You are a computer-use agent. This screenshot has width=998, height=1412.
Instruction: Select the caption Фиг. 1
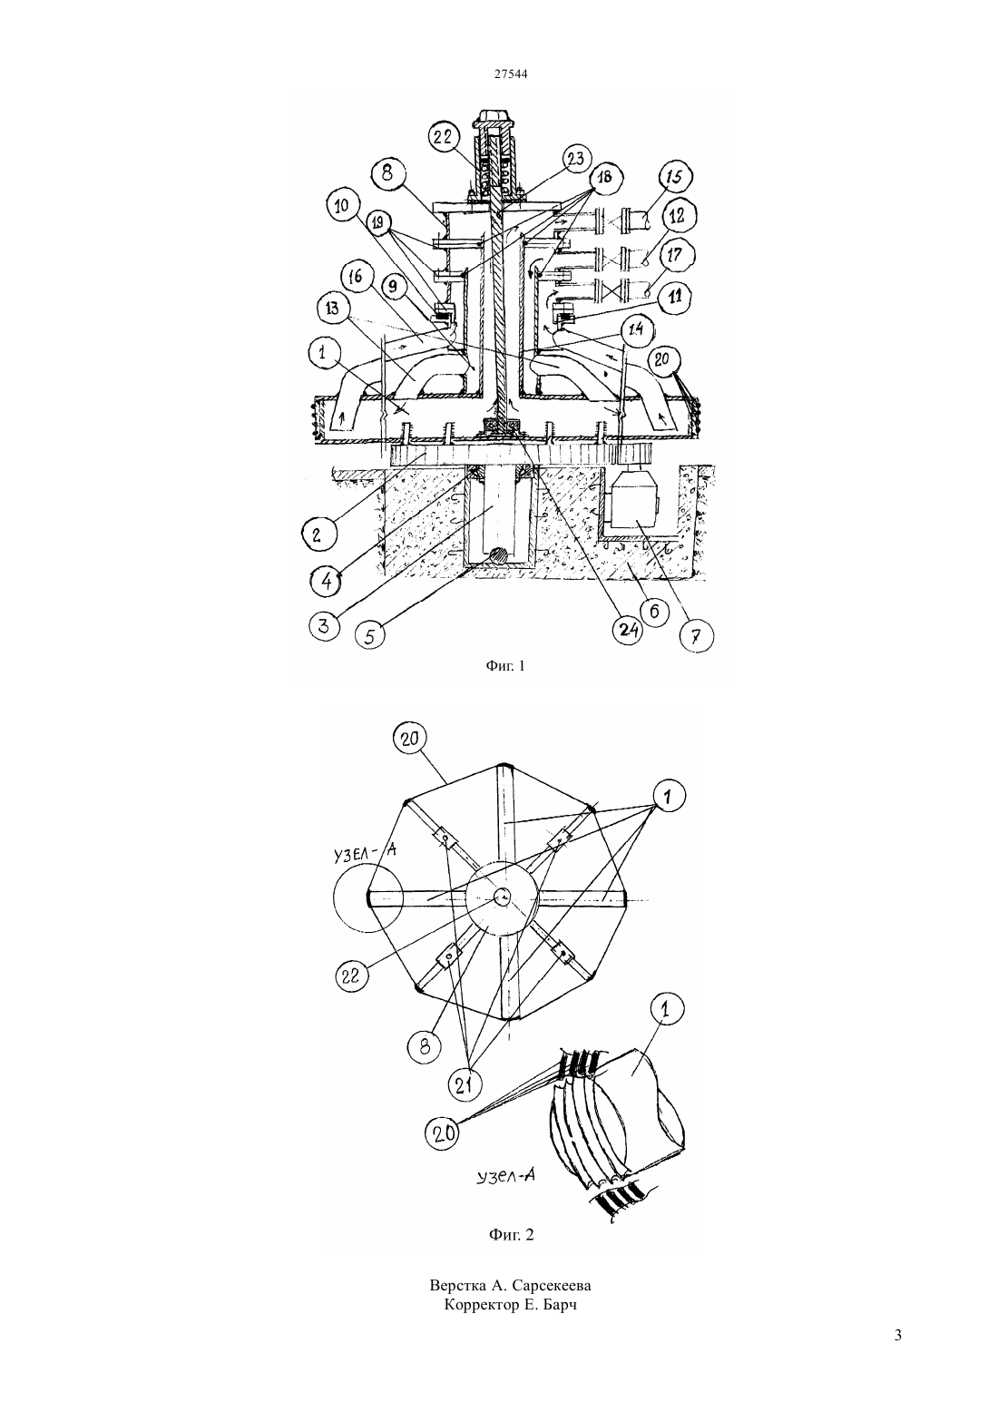tap(505, 665)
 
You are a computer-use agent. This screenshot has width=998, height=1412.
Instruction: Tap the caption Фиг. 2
tap(512, 1234)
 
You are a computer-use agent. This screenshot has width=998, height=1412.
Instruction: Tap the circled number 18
tap(603, 177)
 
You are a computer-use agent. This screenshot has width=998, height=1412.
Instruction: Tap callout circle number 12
tap(676, 218)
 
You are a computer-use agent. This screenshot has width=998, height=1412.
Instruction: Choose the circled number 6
tap(655, 610)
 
